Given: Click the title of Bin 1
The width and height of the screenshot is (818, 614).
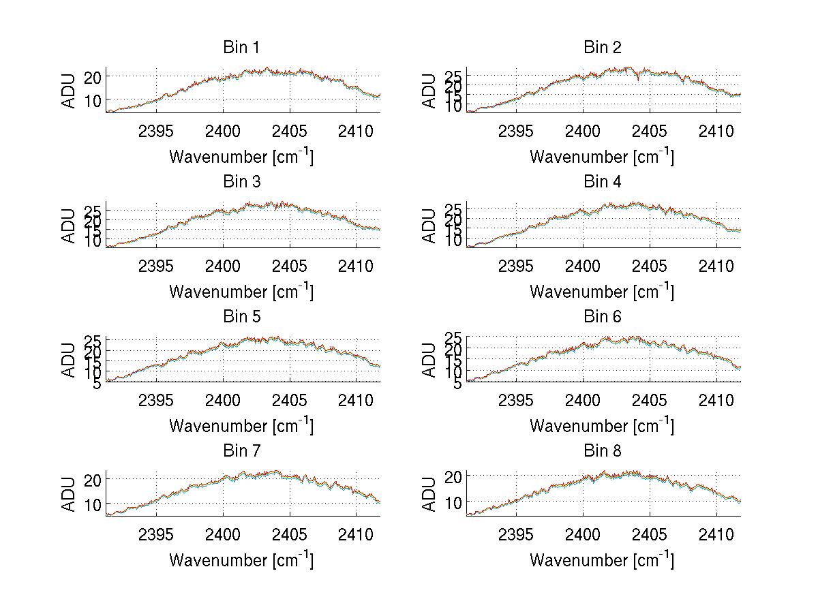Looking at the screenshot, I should tap(241, 47).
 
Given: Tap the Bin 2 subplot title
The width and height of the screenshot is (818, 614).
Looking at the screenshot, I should tap(602, 47).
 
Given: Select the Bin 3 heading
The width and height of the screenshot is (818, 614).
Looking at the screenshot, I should tap(241, 182).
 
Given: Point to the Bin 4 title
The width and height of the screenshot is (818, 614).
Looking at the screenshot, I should tap(602, 182).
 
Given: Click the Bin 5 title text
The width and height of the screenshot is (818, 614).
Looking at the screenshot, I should tap(241, 316).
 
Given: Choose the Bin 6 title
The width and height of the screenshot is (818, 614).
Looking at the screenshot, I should tap(602, 316).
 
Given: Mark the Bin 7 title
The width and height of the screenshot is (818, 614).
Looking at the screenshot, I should tap(241, 450).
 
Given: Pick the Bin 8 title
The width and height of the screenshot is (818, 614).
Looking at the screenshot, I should tap(602, 450).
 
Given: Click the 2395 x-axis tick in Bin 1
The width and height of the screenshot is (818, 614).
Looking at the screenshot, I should tap(156, 131).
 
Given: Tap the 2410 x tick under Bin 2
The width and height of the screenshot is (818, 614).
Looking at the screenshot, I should tap(716, 131).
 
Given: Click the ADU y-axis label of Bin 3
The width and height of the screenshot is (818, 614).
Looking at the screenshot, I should tap(69, 226).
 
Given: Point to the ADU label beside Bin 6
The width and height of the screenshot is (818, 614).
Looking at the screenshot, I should tap(429, 360).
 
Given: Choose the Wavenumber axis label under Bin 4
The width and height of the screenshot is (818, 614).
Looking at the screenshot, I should tap(602, 291).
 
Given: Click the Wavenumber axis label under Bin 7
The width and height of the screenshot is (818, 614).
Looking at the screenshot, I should tap(241, 559).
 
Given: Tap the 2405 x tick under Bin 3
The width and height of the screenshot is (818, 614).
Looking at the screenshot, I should tap(289, 265).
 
